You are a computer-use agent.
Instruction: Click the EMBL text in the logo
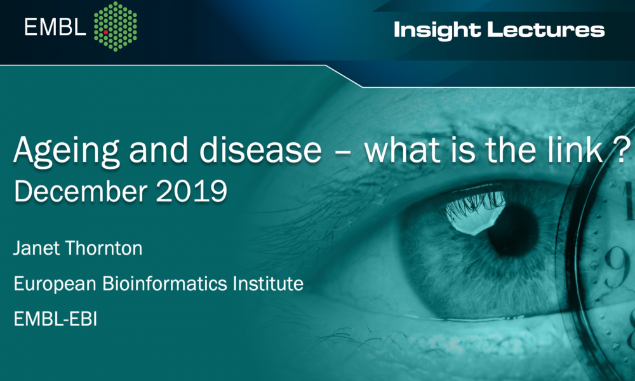(x=55, y=27)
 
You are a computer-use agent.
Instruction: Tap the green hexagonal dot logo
(x=116, y=26)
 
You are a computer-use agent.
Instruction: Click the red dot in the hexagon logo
(x=105, y=32)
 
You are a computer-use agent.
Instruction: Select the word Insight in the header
(x=437, y=30)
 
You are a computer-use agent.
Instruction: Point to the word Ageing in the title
(x=67, y=150)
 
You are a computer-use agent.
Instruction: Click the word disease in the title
(x=260, y=150)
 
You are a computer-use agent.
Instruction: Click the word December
(x=80, y=191)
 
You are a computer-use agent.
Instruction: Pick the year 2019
(x=191, y=191)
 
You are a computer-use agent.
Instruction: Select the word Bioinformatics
(x=165, y=283)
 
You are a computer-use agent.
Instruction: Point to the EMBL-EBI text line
(x=55, y=319)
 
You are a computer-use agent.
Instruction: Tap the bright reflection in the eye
(x=474, y=213)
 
